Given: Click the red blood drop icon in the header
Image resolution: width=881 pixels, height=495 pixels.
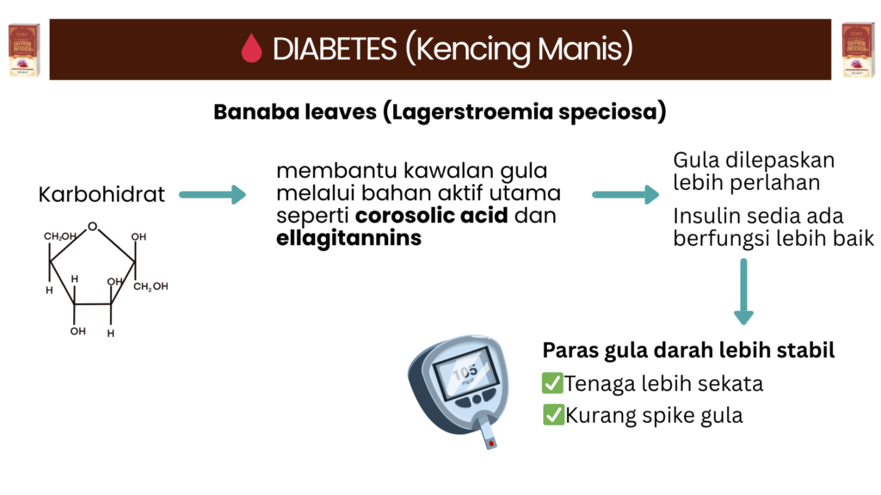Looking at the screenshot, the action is (252, 48).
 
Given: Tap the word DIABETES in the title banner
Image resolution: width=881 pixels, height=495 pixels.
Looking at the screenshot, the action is (335, 49).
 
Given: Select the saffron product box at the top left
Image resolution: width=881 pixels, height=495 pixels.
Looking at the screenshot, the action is (24, 49).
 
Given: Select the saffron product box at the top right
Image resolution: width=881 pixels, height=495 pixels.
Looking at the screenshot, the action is (858, 49).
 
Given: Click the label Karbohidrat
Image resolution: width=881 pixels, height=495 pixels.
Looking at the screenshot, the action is (102, 195).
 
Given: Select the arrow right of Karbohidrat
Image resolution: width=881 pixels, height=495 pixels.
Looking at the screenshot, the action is (213, 195).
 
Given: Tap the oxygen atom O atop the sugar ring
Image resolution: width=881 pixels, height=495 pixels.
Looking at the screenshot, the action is (92, 227).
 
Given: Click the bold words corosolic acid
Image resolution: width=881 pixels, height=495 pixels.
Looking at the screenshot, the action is (432, 216).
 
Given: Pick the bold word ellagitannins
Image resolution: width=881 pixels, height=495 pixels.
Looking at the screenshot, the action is (349, 239).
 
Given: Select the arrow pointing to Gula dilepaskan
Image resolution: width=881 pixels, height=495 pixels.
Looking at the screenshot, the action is (625, 195).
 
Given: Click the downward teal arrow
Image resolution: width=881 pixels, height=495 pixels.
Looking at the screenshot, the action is (743, 291).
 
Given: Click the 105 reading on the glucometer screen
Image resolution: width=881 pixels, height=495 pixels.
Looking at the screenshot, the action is (465, 372).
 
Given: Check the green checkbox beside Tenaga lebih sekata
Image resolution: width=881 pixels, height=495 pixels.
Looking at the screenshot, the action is (552, 382).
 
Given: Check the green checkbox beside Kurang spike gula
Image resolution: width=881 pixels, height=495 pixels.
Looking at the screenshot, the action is (553, 415).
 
